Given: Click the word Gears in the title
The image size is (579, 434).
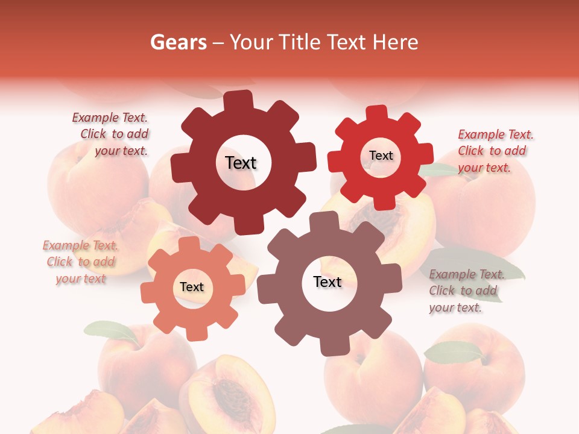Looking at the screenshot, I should [176, 42].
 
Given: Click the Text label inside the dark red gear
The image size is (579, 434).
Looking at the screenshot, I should [241, 163].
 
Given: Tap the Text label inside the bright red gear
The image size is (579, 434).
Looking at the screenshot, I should [381, 156].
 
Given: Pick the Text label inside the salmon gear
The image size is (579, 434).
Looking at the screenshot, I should [192, 287].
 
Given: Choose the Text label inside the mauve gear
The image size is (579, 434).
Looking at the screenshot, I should [327, 281].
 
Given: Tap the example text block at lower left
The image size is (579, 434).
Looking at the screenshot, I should [81, 262].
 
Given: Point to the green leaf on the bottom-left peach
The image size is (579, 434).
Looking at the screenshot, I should [112, 331].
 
